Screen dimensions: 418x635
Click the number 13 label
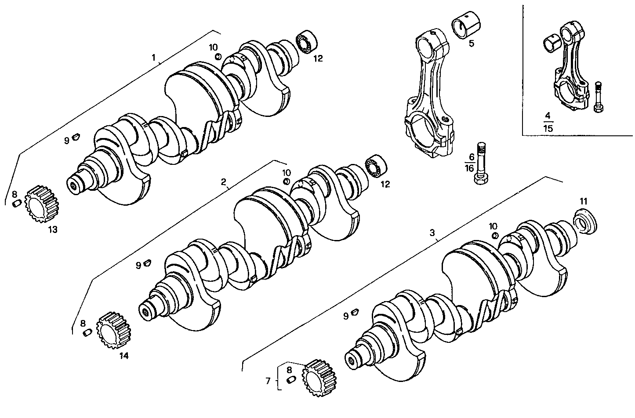click(x=53, y=229)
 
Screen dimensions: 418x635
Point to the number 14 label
click(x=124, y=356)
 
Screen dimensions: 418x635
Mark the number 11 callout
click(x=583, y=201)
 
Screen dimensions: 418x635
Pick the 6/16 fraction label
click(x=469, y=163)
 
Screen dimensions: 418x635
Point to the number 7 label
click(x=269, y=381)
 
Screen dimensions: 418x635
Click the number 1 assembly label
click(x=153, y=58)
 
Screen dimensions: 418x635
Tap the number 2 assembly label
click(x=223, y=182)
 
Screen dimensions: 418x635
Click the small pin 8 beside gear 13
click(x=17, y=203)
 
